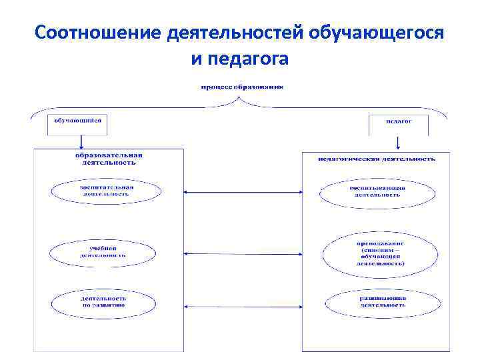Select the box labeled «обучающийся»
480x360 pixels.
coord(77,121)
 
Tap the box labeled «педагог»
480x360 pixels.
coord(399,121)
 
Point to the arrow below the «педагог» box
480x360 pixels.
coord(399,142)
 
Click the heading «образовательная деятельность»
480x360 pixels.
coord(109,158)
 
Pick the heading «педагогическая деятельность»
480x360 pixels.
coord(377,159)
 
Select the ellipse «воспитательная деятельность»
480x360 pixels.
coord(107,191)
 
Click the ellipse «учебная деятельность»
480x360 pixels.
coord(103,251)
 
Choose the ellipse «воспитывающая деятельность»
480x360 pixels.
coord(377,193)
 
